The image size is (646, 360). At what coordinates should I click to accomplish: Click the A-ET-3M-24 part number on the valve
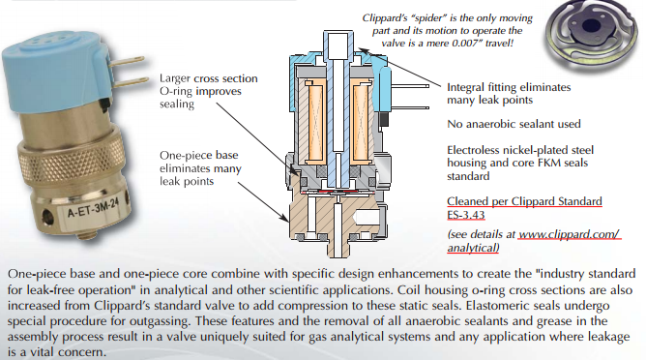94,206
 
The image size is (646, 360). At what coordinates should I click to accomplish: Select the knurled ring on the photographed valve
70,158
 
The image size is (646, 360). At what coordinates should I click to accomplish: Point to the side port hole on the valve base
48,217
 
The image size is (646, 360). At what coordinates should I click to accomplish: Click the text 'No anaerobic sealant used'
514,124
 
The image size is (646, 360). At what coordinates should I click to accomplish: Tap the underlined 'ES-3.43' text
465,215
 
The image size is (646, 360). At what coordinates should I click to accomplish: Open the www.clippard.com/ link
569,234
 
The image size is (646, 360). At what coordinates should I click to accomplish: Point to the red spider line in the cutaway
338,193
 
